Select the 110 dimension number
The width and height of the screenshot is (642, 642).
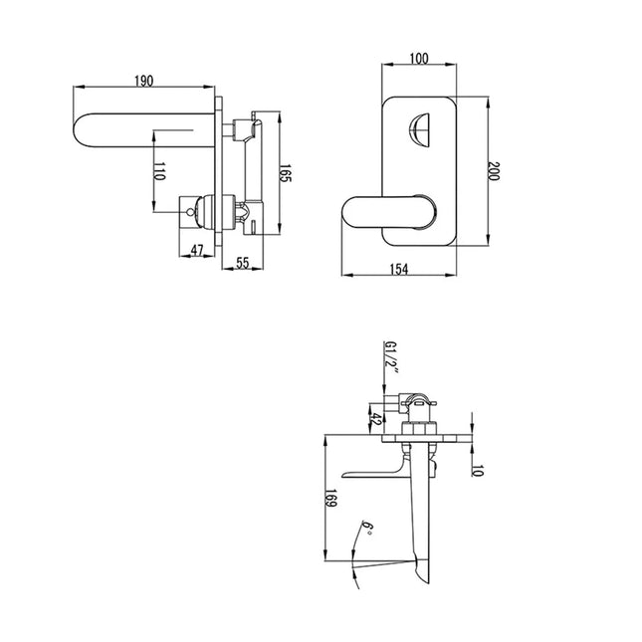[x=158, y=173]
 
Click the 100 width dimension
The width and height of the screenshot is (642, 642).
[x=418, y=61]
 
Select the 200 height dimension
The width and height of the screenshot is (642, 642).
[x=495, y=170]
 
